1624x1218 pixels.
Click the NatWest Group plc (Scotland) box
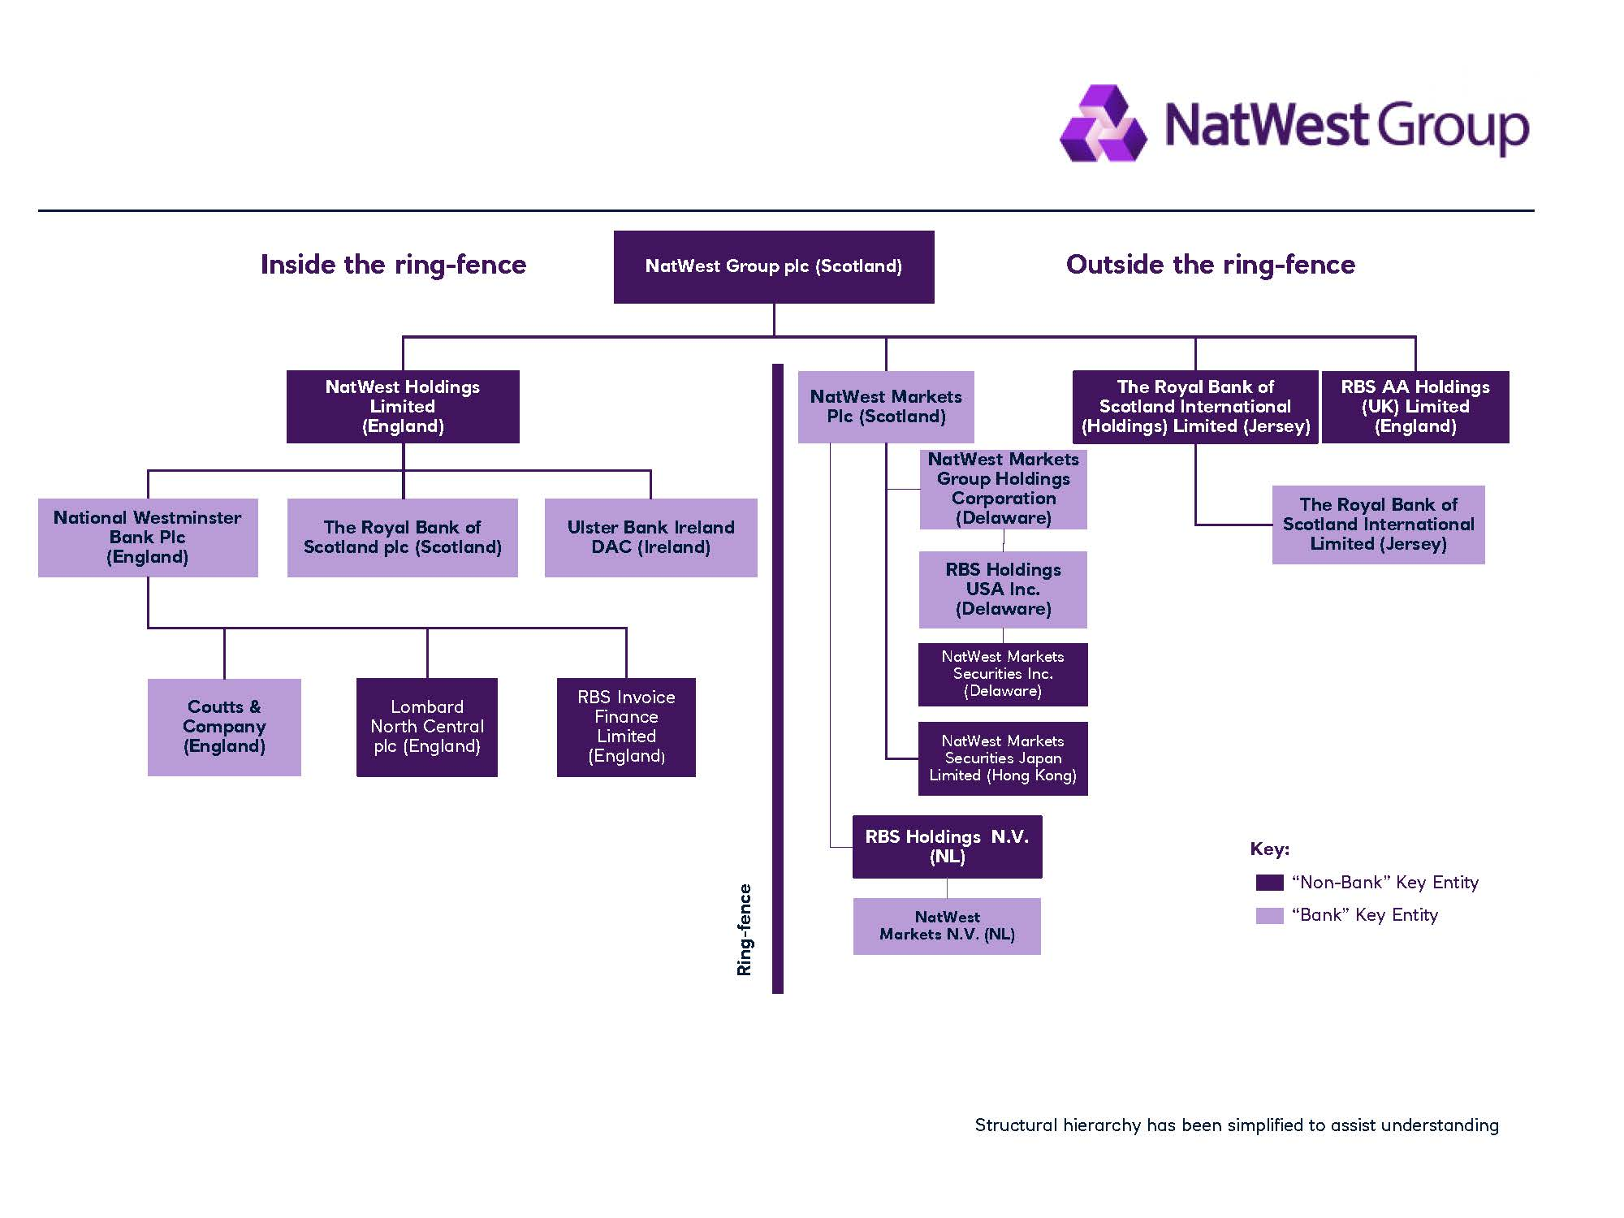[773, 266]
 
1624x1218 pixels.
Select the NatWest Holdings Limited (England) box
[403, 406]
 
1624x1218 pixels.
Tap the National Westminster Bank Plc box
[148, 537]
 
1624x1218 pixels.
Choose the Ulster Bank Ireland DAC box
[650, 537]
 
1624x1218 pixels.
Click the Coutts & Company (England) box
[224, 727]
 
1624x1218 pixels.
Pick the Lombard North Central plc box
[426, 727]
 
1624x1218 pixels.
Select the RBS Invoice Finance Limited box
[626, 727]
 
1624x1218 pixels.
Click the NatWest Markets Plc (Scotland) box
[885, 406]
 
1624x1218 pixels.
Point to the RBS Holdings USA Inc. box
[1003, 590]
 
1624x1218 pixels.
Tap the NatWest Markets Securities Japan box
[1003, 758]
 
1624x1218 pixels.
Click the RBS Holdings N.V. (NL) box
[947, 847]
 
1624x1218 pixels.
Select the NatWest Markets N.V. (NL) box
[947, 926]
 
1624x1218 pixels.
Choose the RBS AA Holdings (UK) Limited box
[1415, 406]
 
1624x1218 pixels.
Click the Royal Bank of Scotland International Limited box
[1378, 525]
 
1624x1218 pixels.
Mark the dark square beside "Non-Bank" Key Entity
[1269, 883]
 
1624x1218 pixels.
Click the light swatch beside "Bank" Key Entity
[1269, 915]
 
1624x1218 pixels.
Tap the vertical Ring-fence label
[745, 929]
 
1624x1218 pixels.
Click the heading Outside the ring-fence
[1210, 265]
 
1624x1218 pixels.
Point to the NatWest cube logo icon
[1104, 124]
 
